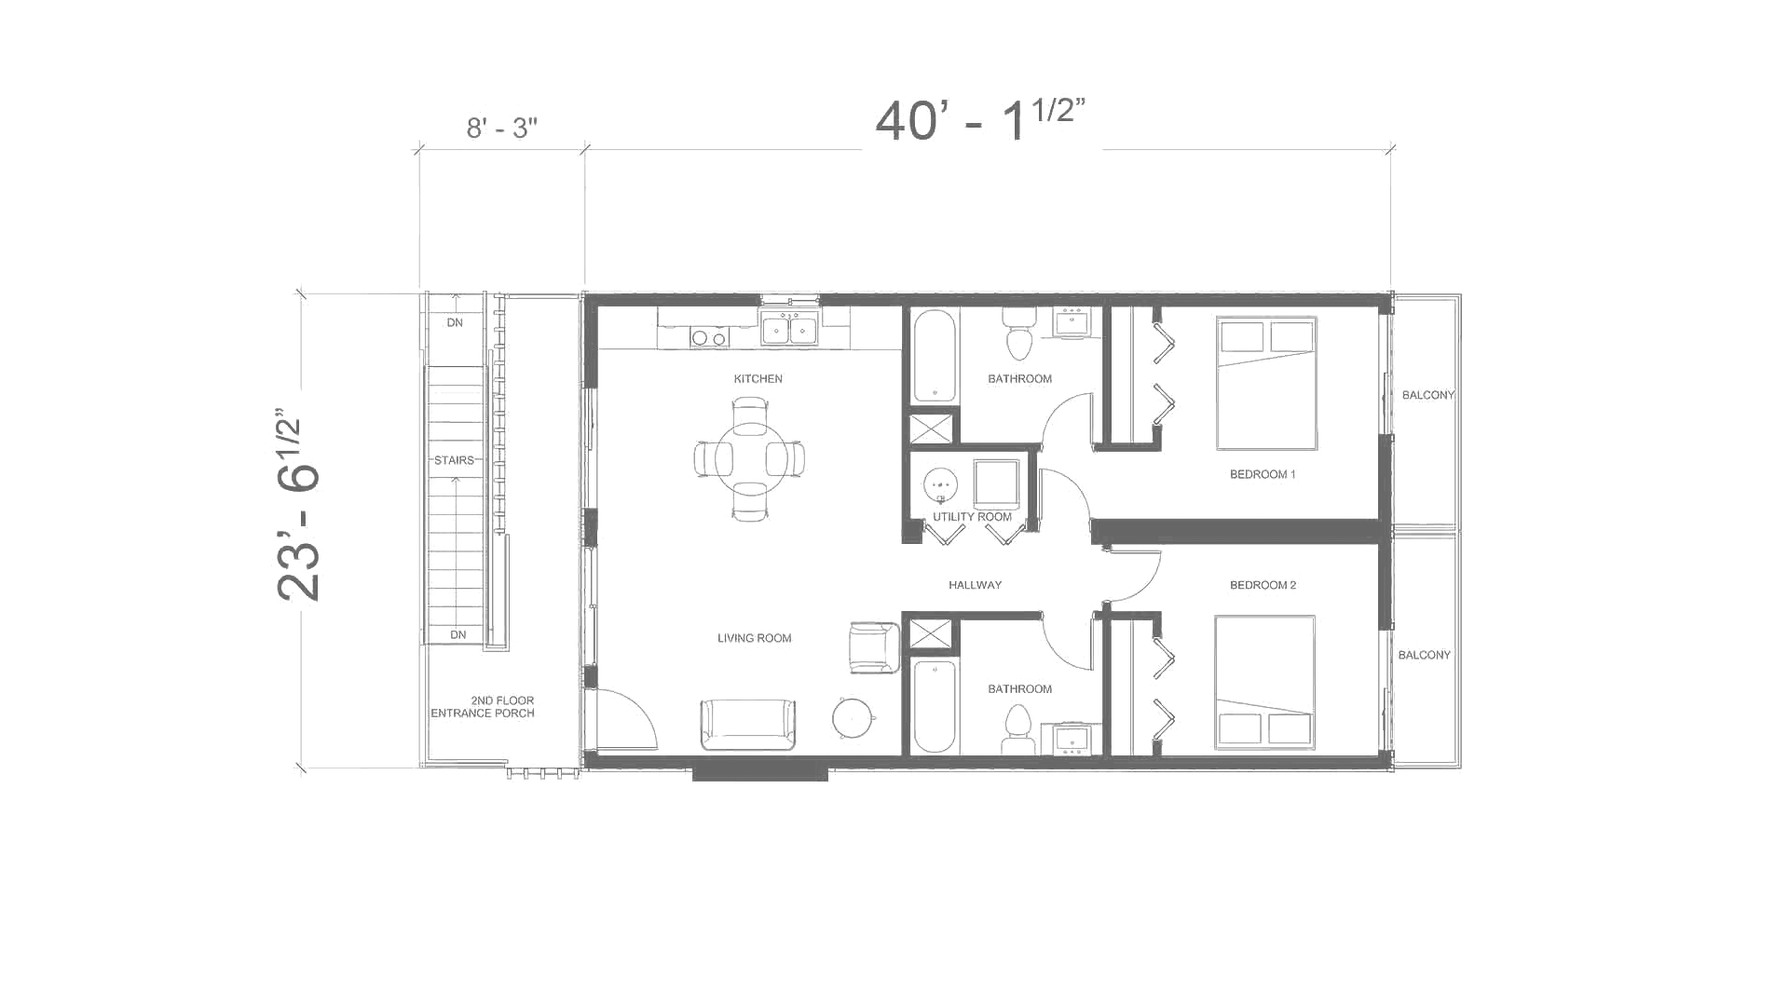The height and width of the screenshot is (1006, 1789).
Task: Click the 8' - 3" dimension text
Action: [501, 128]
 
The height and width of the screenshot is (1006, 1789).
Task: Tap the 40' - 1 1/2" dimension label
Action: [980, 121]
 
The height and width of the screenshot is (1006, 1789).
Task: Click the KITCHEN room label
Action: [758, 379]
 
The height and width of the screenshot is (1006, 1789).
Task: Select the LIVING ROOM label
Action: [754, 638]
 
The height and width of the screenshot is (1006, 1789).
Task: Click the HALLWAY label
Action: [975, 585]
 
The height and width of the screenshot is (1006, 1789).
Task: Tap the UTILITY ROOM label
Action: [972, 517]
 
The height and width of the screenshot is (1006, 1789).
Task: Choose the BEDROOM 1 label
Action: [1263, 474]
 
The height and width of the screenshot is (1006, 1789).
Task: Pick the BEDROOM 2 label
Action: [1263, 585]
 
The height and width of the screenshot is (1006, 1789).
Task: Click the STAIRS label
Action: [454, 460]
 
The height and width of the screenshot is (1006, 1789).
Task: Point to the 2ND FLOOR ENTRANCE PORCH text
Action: [484, 707]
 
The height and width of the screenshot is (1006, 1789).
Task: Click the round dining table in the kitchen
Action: [749, 458]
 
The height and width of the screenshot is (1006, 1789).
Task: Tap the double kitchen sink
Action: [788, 330]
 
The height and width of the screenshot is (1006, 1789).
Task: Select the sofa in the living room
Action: [748, 724]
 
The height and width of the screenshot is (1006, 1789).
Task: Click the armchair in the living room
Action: [874, 647]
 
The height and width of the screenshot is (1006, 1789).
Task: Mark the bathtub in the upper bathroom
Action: [934, 355]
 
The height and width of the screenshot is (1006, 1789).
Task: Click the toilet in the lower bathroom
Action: [1018, 727]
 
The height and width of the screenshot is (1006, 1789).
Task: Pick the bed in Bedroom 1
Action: [1266, 383]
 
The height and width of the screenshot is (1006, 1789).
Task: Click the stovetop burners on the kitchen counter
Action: [709, 338]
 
